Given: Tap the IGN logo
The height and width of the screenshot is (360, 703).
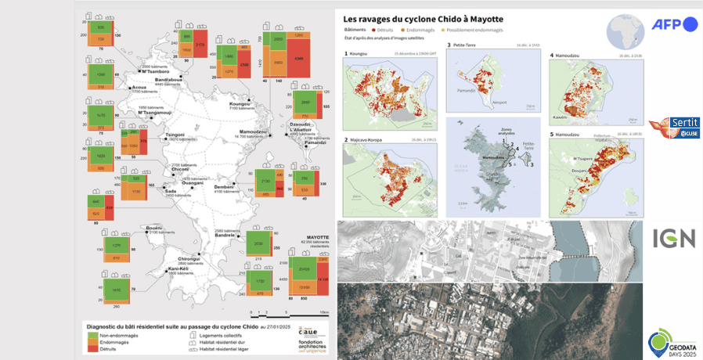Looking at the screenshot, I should tap(674, 238).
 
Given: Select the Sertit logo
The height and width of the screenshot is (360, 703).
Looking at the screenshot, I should tap(674, 127).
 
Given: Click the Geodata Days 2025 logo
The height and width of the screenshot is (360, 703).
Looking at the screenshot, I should tap(673, 342).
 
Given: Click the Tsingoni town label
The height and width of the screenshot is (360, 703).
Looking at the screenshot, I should tap(175, 135).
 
